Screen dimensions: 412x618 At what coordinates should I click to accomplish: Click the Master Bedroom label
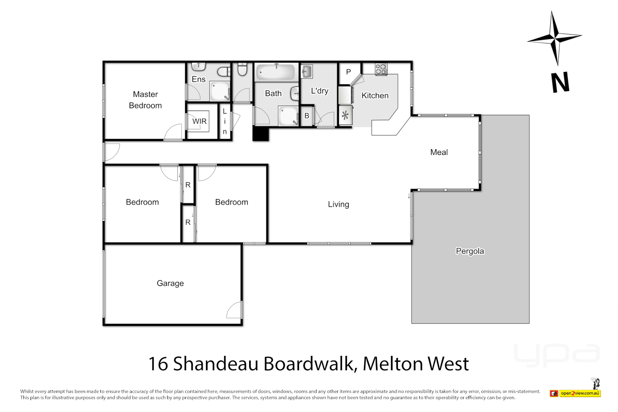coord(145,100)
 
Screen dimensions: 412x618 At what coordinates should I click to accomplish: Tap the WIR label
coord(199,121)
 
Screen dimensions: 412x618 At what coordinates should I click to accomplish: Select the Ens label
coord(198,79)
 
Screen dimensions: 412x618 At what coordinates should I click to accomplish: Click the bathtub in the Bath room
coord(275,72)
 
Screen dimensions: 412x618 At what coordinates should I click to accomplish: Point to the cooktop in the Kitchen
coord(381,69)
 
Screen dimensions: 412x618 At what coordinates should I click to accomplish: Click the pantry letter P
coord(348,72)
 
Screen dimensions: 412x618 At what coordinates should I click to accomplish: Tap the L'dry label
coord(319,91)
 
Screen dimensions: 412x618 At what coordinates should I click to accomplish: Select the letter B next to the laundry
coord(307,116)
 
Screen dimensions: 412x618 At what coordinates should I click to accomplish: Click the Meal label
coord(439,152)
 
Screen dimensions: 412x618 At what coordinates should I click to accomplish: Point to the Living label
coord(338,204)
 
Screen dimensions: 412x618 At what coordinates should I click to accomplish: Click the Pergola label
coord(470,251)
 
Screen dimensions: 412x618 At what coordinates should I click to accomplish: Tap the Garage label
coord(170,283)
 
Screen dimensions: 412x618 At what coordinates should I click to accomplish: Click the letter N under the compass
coord(560,82)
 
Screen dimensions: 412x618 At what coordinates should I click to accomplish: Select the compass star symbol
coord(555,38)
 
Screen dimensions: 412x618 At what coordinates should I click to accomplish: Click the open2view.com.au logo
coord(579,393)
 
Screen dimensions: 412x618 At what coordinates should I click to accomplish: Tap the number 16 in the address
coord(158,364)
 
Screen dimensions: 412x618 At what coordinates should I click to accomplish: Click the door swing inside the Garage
coord(234,311)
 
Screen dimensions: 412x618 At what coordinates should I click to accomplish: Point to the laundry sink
coord(307,71)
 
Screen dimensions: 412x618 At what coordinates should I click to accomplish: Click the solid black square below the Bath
coord(261,134)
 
